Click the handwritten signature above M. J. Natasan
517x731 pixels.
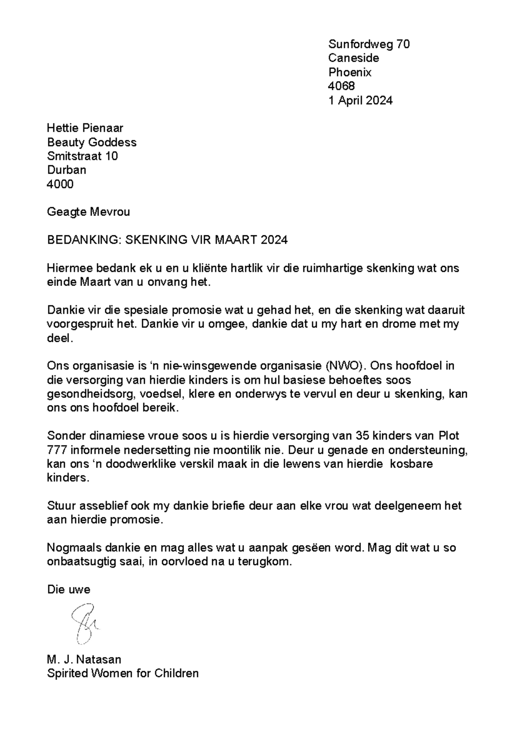click(85, 624)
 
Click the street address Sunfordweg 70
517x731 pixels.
click(369, 44)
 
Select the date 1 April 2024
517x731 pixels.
click(360, 101)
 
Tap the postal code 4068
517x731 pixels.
click(341, 87)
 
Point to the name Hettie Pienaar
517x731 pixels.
click(85, 128)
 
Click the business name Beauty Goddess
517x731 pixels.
click(92, 142)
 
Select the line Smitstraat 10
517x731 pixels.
click(82, 156)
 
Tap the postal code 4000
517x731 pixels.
click(60, 184)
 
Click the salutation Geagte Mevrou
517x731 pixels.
click(88, 212)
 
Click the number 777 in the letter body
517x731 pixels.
click(56, 450)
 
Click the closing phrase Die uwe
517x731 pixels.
click(69, 590)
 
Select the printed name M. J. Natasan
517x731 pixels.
click(84, 659)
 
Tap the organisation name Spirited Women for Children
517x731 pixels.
click(123, 673)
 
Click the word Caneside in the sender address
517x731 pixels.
click(353, 58)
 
